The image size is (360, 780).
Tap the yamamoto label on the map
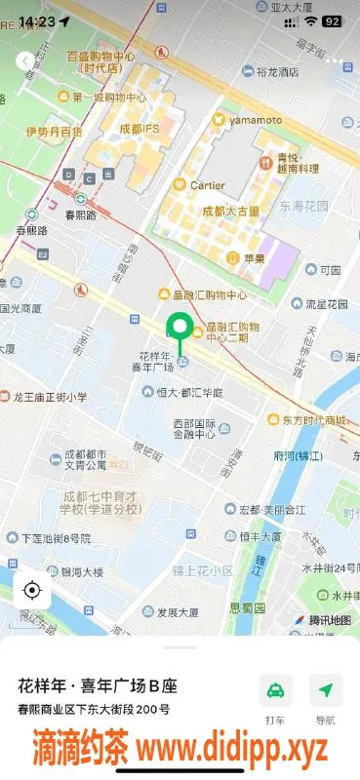pos(255,120)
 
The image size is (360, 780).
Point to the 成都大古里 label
pos(231,211)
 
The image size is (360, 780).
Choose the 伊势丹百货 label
pos(54,131)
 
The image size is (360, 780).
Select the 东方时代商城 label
pos(308,420)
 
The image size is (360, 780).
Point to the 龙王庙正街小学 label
pos(50,397)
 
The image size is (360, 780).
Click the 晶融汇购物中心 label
pos(210,294)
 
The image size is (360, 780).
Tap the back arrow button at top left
pos(23,60)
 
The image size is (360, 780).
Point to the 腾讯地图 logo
pos(322,620)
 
